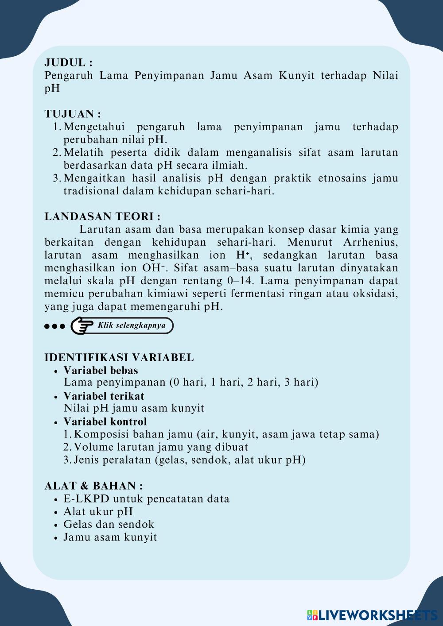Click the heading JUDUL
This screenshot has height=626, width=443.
click(68, 62)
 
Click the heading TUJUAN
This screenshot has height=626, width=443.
click(73, 114)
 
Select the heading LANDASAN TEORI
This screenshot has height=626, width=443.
click(102, 216)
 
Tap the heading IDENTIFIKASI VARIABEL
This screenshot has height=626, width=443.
click(119, 357)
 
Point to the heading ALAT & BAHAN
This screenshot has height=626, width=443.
click(93, 486)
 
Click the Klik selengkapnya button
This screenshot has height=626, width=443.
click(132, 325)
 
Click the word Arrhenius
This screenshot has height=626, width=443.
click(370, 242)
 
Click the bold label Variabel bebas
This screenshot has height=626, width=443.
click(101, 370)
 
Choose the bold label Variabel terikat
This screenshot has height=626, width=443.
click(104, 396)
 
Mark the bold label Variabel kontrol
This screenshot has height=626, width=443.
click(105, 421)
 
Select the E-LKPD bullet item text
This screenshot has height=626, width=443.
click(146, 498)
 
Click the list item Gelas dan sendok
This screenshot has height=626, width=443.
click(109, 524)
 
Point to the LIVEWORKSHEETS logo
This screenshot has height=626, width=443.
click(372, 614)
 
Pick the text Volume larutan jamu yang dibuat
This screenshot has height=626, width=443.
click(161, 447)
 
